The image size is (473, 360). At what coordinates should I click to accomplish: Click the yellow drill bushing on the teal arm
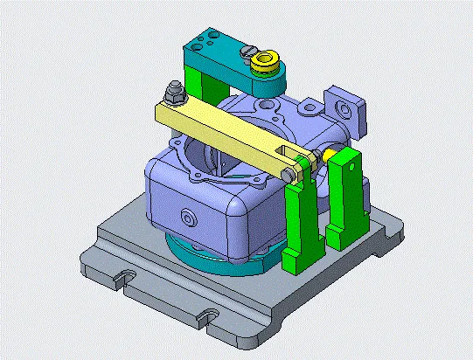click(263, 65)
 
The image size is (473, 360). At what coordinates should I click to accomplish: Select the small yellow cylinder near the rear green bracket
click(330, 154)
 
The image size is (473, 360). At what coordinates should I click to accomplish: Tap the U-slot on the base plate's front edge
click(208, 314)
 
